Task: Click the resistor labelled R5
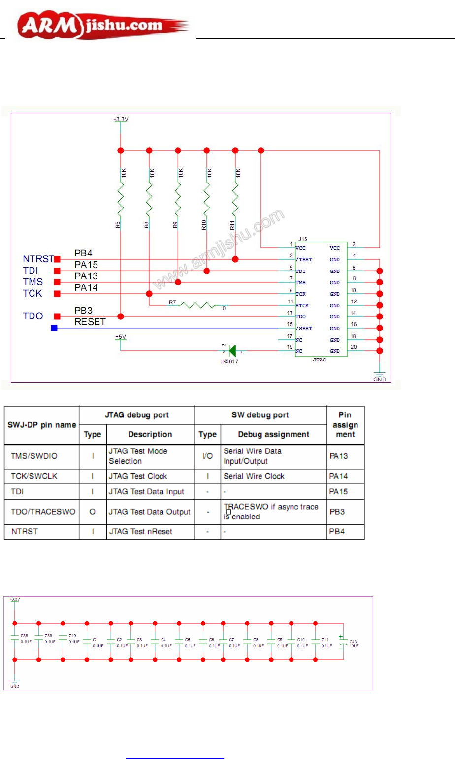pos(121,200)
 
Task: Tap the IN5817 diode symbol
pos(232,351)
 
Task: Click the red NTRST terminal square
pos(57,259)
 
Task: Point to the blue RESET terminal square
pos(54,328)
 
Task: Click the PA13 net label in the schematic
pos(86,276)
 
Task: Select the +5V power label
pos(121,337)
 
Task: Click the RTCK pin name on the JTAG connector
pos(302,306)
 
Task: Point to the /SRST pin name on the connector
pos(304,328)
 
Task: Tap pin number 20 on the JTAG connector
pos(354,347)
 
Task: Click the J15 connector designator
pos(303,239)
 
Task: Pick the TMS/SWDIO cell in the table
pos(34,456)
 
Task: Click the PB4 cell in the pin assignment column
pos(337,532)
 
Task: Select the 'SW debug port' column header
pos(260,415)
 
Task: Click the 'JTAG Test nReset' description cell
pos(140,532)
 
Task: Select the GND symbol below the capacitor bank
pos(15,684)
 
